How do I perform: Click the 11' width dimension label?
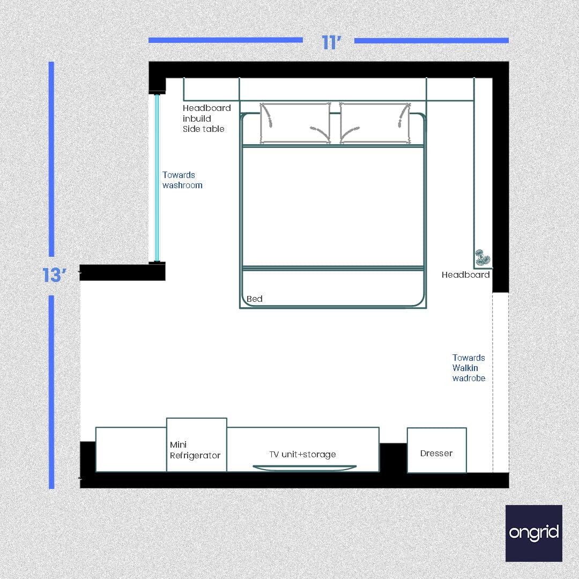tap(331, 42)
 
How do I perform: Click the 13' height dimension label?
tap(54, 275)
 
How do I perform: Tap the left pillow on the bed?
tap(295, 123)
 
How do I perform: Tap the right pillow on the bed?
tap(375, 123)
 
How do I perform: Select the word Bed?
tap(255, 299)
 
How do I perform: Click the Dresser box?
tap(436, 450)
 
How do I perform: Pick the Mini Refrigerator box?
tap(196, 445)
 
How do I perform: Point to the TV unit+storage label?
tap(302, 454)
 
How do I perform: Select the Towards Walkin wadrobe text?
tap(469, 368)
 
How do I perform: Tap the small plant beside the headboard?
tap(482, 258)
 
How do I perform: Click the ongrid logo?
tap(533, 533)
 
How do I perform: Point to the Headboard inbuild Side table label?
tap(206, 118)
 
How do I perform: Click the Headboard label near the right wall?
tap(465, 274)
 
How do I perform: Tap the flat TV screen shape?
tap(304, 468)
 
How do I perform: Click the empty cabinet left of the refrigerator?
tap(131, 449)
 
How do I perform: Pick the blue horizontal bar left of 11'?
tap(225, 40)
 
